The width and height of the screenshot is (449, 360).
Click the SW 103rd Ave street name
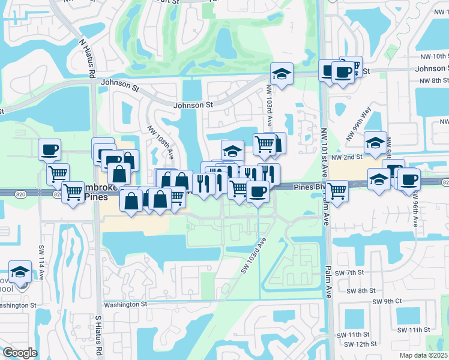tap(254, 255)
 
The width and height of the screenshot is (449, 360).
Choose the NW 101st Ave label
tap(325, 151)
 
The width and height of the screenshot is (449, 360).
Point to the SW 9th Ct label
tap(387, 301)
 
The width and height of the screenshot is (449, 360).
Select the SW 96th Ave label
tap(415, 209)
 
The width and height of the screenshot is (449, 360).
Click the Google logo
tap(20, 353)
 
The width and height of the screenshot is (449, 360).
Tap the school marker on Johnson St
tap(282, 74)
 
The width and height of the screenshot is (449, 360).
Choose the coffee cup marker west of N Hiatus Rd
tap(49, 149)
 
